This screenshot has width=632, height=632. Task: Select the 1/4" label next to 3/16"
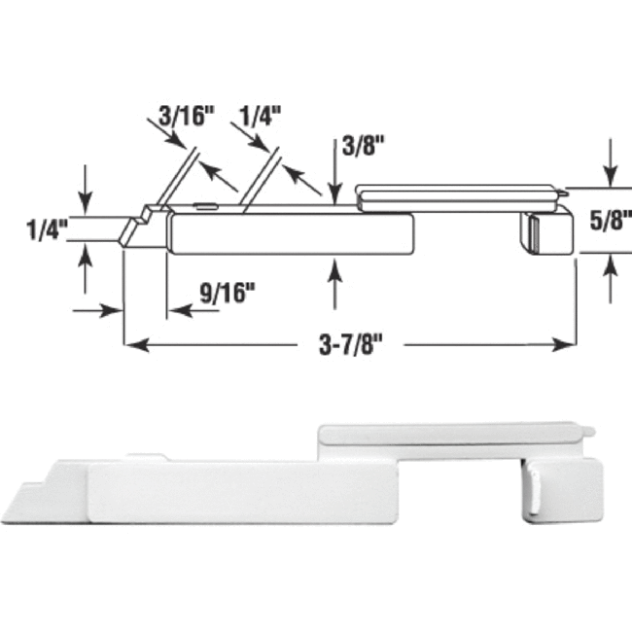259,115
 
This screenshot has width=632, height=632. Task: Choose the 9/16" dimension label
226,289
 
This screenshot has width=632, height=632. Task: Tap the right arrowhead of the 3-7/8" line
568,344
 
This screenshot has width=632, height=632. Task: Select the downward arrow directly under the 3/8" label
335,191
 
